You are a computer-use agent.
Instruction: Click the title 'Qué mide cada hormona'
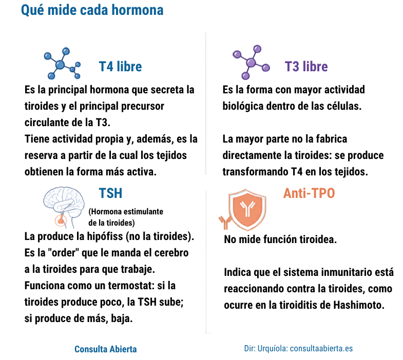click(92, 10)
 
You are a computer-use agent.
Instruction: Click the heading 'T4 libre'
click(120, 67)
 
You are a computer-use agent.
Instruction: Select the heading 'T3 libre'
click(306, 67)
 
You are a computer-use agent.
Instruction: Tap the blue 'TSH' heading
click(110, 193)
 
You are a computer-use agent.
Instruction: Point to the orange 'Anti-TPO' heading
click(309, 193)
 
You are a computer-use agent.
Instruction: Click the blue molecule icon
click(62, 63)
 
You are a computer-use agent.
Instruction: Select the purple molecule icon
click(251, 63)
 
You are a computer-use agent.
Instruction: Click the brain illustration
click(64, 203)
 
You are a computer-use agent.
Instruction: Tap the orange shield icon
click(247, 209)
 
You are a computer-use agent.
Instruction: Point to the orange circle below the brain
click(61, 221)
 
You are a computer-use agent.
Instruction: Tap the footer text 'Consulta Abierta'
click(106, 349)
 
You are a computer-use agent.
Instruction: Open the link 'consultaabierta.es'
click(321, 348)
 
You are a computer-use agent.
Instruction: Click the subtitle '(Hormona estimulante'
click(126, 212)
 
